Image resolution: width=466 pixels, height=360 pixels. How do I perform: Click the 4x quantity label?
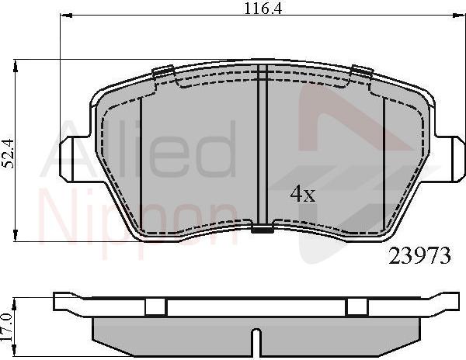pyautogui.click(x=302, y=194)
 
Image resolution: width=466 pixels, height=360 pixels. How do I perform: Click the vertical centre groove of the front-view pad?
pyautogui.click(x=262, y=147)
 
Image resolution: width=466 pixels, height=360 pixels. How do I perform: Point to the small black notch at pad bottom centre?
pyautogui.click(x=263, y=229)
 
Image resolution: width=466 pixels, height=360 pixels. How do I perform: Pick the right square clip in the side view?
pyautogui.click(x=356, y=307)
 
